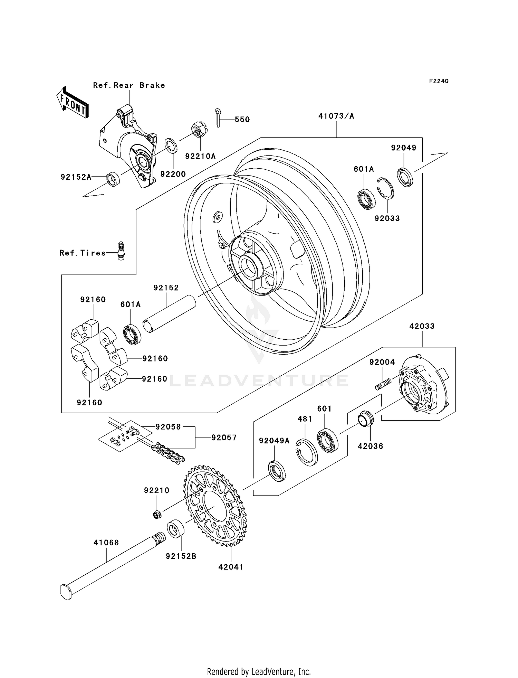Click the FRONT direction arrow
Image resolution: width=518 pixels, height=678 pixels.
click(x=73, y=103)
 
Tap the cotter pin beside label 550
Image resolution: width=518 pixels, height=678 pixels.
click(x=218, y=117)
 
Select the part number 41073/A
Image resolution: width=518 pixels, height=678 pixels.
click(x=336, y=116)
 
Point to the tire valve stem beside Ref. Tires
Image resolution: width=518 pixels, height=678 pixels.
click(x=121, y=251)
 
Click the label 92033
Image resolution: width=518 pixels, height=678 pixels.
click(x=387, y=218)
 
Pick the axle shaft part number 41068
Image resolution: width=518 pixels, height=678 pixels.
click(x=106, y=543)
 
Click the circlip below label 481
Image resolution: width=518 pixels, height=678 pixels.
click(x=306, y=452)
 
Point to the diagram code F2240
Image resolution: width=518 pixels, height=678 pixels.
click(x=439, y=81)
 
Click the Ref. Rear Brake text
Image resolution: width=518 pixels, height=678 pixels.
click(x=129, y=85)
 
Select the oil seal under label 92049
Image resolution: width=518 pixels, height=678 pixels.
click(x=405, y=177)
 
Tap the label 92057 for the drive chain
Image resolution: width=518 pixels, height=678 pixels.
click(x=224, y=437)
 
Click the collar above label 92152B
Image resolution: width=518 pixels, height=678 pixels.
click(x=175, y=529)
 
